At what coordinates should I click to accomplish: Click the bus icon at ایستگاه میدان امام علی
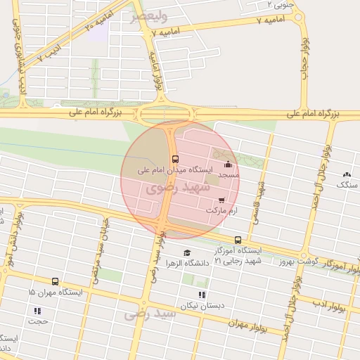pyautogui.click(x=175, y=159)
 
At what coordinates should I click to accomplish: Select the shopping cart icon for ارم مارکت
pyautogui.click(x=222, y=200)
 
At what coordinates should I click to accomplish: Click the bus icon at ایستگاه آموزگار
pyautogui.click(x=238, y=240)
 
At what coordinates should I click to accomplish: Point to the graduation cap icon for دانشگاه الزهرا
pyautogui.click(x=186, y=253)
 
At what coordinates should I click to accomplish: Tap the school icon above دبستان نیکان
pyautogui.click(x=202, y=295)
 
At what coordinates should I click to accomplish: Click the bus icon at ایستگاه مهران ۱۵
pyautogui.click(x=56, y=281)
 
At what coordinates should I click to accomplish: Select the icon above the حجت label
pyautogui.click(x=37, y=311)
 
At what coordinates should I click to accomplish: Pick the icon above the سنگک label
pyautogui.click(x=346, y=174)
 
